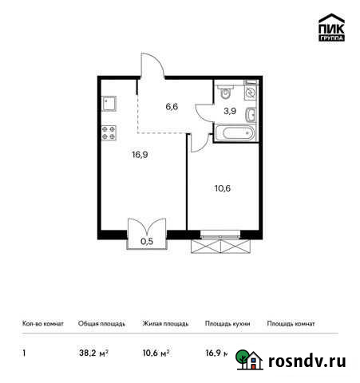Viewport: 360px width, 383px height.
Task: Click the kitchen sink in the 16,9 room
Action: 109,104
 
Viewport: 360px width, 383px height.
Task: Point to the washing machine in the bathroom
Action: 251,93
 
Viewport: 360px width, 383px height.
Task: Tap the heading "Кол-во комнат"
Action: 41,324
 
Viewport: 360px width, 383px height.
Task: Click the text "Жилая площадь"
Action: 165,324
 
